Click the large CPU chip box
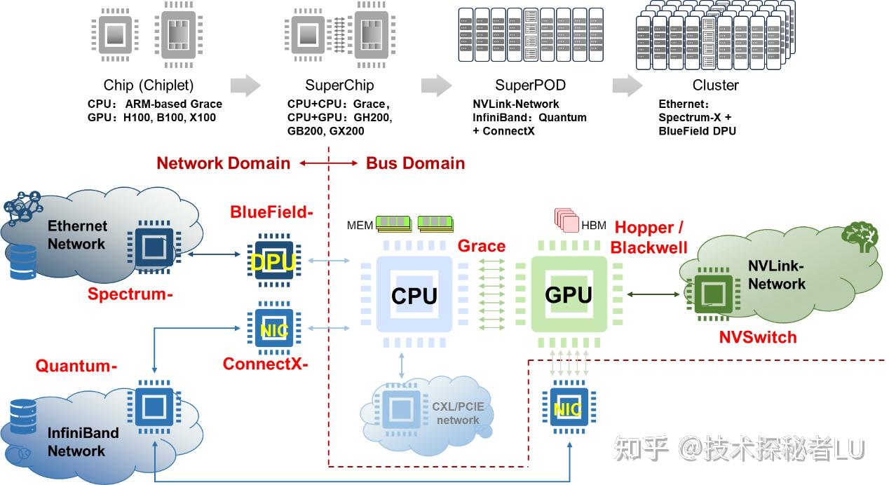[414, 295]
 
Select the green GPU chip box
[569, 295]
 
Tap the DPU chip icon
[274, 261]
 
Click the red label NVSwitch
[758, 337]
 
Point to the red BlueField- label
[271, 211]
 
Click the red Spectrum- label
[130, 294]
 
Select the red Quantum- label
[76, 366]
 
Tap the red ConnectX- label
[265, 364]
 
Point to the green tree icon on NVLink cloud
[860, 237]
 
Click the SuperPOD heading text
[530, 86]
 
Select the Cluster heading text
[715, 86]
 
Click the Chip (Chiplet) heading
[149, 86]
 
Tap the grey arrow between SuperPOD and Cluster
[627, 86]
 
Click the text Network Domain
[223, 163]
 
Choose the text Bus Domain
[415, 163]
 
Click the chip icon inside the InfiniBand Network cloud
[150, 405]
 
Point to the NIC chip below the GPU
[569, 409]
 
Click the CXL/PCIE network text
[457, 413]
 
